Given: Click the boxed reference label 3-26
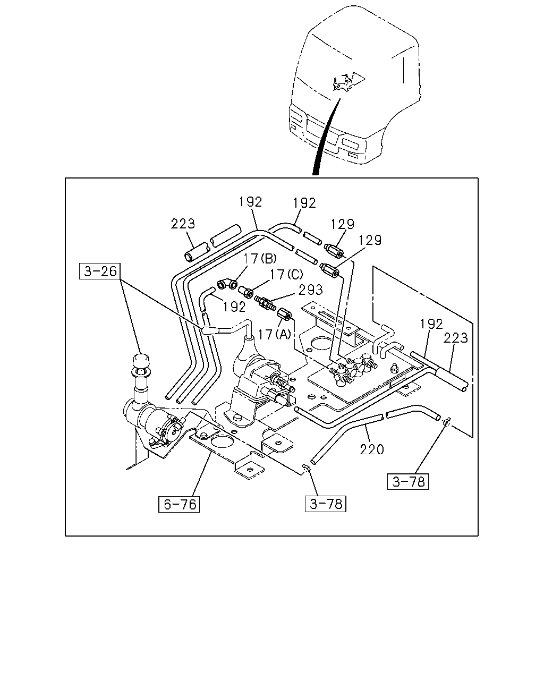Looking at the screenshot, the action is [99, 271].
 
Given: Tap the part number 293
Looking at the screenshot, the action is [310, 290].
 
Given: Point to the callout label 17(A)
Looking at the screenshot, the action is [274, 334].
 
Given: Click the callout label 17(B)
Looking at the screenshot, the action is [259, 259].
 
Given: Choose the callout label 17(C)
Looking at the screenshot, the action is [286, 274].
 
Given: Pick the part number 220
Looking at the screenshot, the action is [372, 449].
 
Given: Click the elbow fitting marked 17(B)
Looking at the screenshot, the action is [227, 284].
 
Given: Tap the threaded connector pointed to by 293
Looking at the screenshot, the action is [265, 303].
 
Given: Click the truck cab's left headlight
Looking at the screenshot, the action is [296, 118].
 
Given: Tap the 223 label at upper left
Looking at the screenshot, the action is [183, 224].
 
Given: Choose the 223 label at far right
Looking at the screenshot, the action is [455, 338].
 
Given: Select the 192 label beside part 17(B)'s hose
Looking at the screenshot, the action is [234, 307].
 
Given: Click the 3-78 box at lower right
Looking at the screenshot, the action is [408, 481].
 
